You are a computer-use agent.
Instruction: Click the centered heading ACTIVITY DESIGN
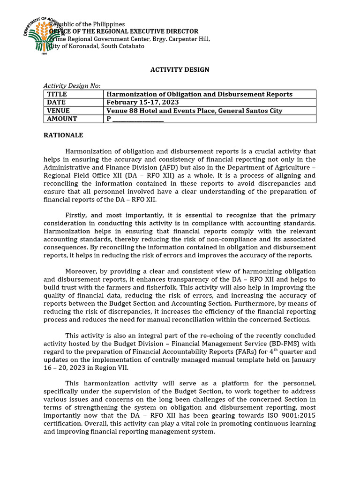pos(180,70)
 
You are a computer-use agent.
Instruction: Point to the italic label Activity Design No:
pos(72,86)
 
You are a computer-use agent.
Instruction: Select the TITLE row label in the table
pos(57,94)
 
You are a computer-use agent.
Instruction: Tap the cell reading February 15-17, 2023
pos(142,102)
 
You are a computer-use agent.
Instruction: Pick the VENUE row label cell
pos(59,111)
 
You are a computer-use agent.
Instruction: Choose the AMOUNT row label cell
pos(62,119)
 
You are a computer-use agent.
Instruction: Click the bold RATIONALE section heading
pos(63,135)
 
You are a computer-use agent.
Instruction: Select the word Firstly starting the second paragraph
pos(76,215)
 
